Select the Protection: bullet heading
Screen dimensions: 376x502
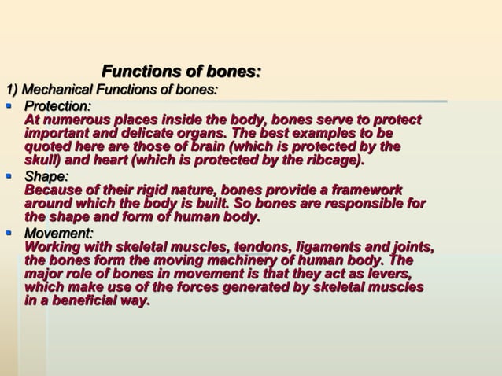pos(57,105)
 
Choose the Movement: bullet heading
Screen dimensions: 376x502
pos(59,234)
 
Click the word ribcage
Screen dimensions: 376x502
pos(332,161)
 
